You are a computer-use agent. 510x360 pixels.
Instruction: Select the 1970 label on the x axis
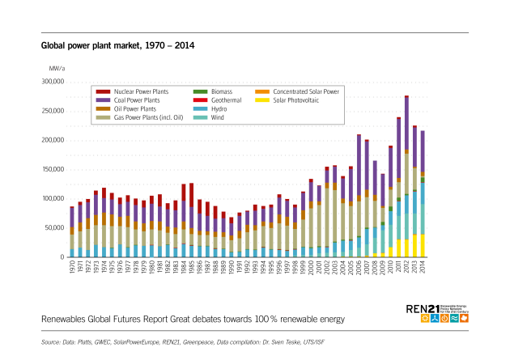(72, 268)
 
